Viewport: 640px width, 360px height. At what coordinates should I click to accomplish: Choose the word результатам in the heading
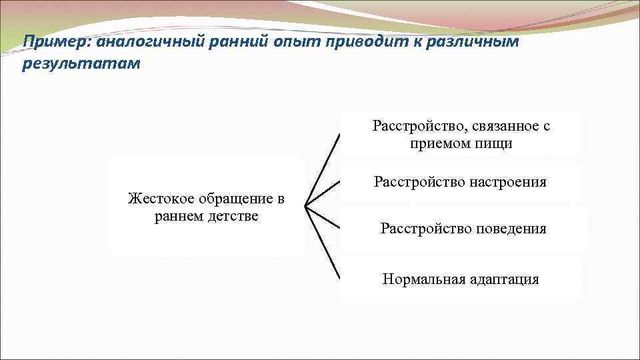click(x=81, y=65)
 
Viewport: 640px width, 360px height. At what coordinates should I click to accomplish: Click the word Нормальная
click(x=422, y=279)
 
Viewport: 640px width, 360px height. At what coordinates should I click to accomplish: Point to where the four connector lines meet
click(x=306, y=207)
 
